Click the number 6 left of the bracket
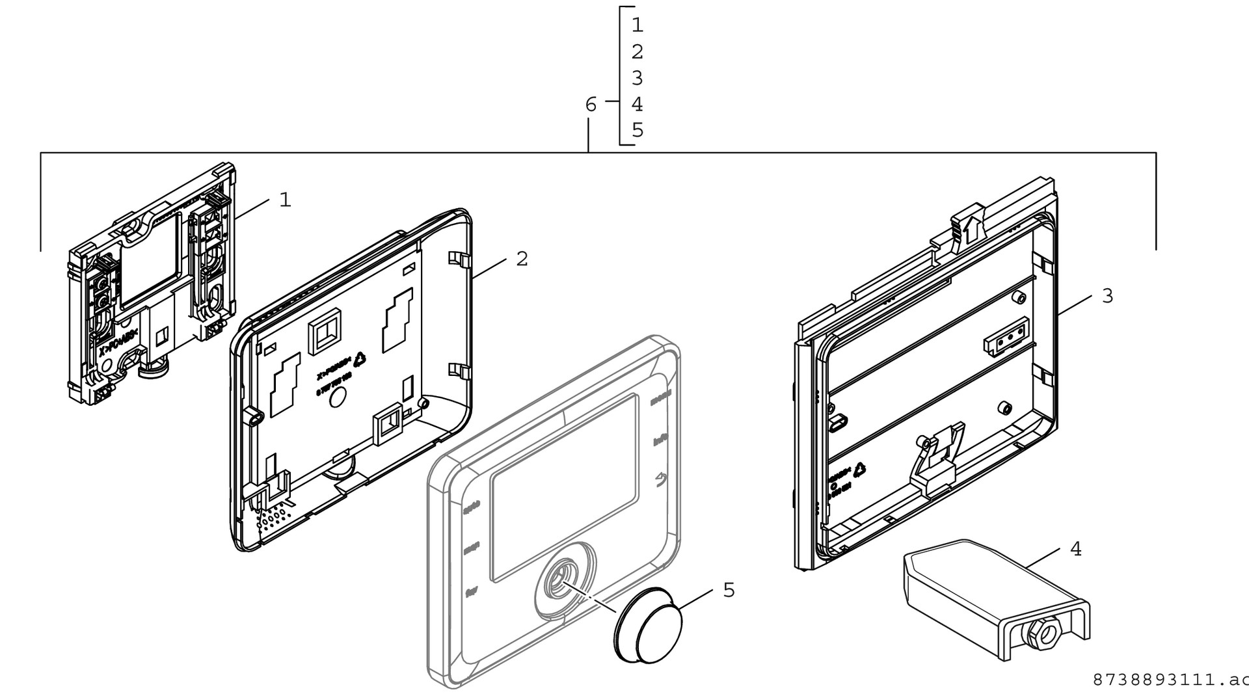point(591,105)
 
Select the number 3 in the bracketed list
point(637,78)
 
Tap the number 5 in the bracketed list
point(637,130)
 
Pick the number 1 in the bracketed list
point(637,25)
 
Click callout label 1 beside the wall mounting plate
point(285,200)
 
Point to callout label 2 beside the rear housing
point(522,259)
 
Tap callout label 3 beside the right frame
point(1107,296)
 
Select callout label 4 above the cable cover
point(1076,549)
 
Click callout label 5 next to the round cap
point(729,590)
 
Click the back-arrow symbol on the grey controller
point(661,479)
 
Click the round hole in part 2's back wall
point(338,397)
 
